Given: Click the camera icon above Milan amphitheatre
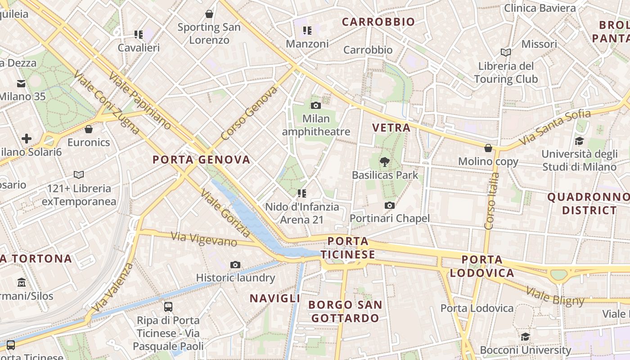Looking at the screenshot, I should click(x=316, y=105).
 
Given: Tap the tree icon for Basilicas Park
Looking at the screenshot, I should click(x=385, y=162).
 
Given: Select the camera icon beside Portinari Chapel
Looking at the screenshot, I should click(x=390, y=206).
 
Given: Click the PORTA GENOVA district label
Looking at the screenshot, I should click(x=201, y=160).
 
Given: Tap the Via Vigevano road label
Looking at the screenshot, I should click(x=204, y=239).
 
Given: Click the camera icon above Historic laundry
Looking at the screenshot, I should click(x=235, y=265).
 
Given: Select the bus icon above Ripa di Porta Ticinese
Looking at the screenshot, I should click(x=168, y=307).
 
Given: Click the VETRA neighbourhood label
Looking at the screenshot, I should click(x=391, y=128).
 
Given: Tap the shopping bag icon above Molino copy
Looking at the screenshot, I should click(x=488, y=148).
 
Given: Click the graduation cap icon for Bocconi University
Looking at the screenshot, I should click(x=525, y=337).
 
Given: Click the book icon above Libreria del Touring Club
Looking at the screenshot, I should click(x=506, y=53).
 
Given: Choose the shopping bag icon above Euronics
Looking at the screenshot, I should click(x=89, y=129).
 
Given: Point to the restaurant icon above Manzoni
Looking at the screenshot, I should click(x=307, y=31).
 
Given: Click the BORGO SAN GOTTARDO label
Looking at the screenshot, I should click(x=345, y=311).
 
